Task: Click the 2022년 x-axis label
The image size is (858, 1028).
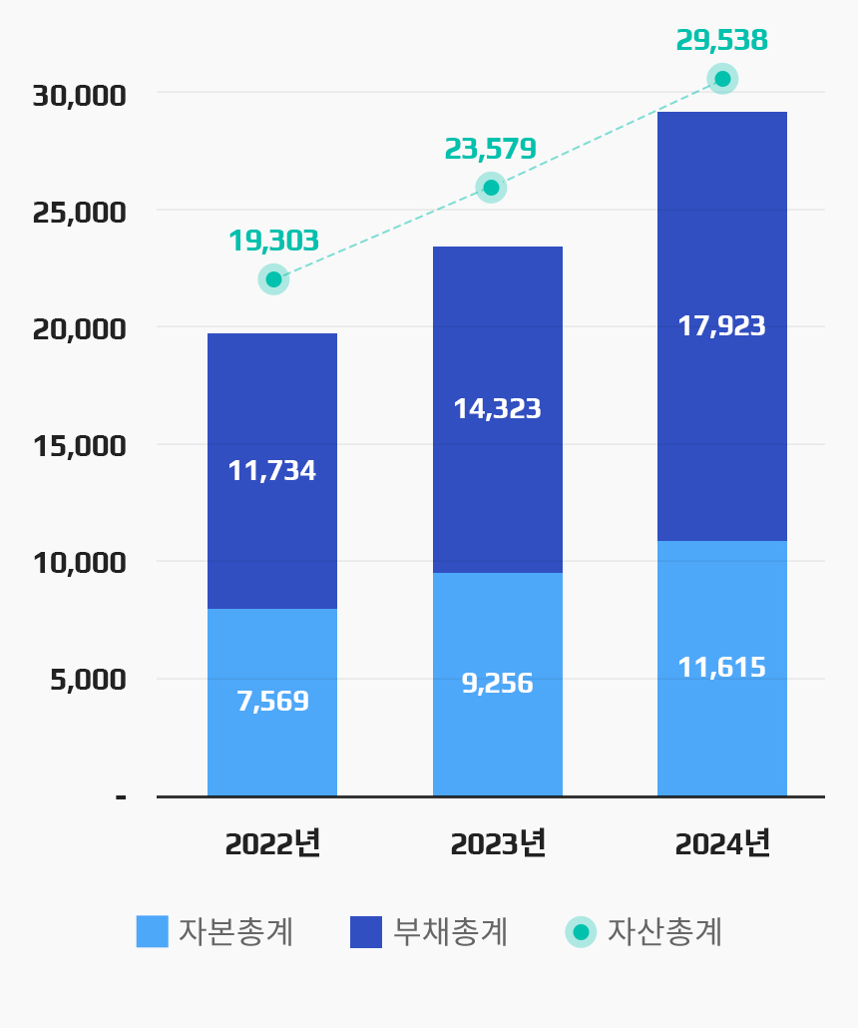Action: (272, 843)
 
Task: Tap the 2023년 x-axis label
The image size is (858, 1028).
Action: (497, 843)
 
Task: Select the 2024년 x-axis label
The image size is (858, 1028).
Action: (721, 843)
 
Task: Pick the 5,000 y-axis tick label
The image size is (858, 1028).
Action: (88, 680)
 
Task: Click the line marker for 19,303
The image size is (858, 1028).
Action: (273, 279)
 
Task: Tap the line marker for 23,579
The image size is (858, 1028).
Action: (491, 188)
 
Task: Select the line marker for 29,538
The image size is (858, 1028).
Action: (722, 79)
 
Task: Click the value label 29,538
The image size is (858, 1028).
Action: (721, 40)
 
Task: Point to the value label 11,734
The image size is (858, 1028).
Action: (272, 471)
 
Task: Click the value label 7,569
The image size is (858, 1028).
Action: (272, 702)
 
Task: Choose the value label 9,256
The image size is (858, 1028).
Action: (497, 684)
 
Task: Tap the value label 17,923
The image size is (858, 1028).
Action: (721, 326)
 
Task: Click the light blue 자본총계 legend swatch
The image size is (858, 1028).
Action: (153, 931)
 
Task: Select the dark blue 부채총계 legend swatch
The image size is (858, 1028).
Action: (366, 931)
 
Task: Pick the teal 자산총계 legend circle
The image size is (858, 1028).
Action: (581, 931)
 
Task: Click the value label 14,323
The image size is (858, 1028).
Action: (497, 408)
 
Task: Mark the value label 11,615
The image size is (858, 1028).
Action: (721, 667)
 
